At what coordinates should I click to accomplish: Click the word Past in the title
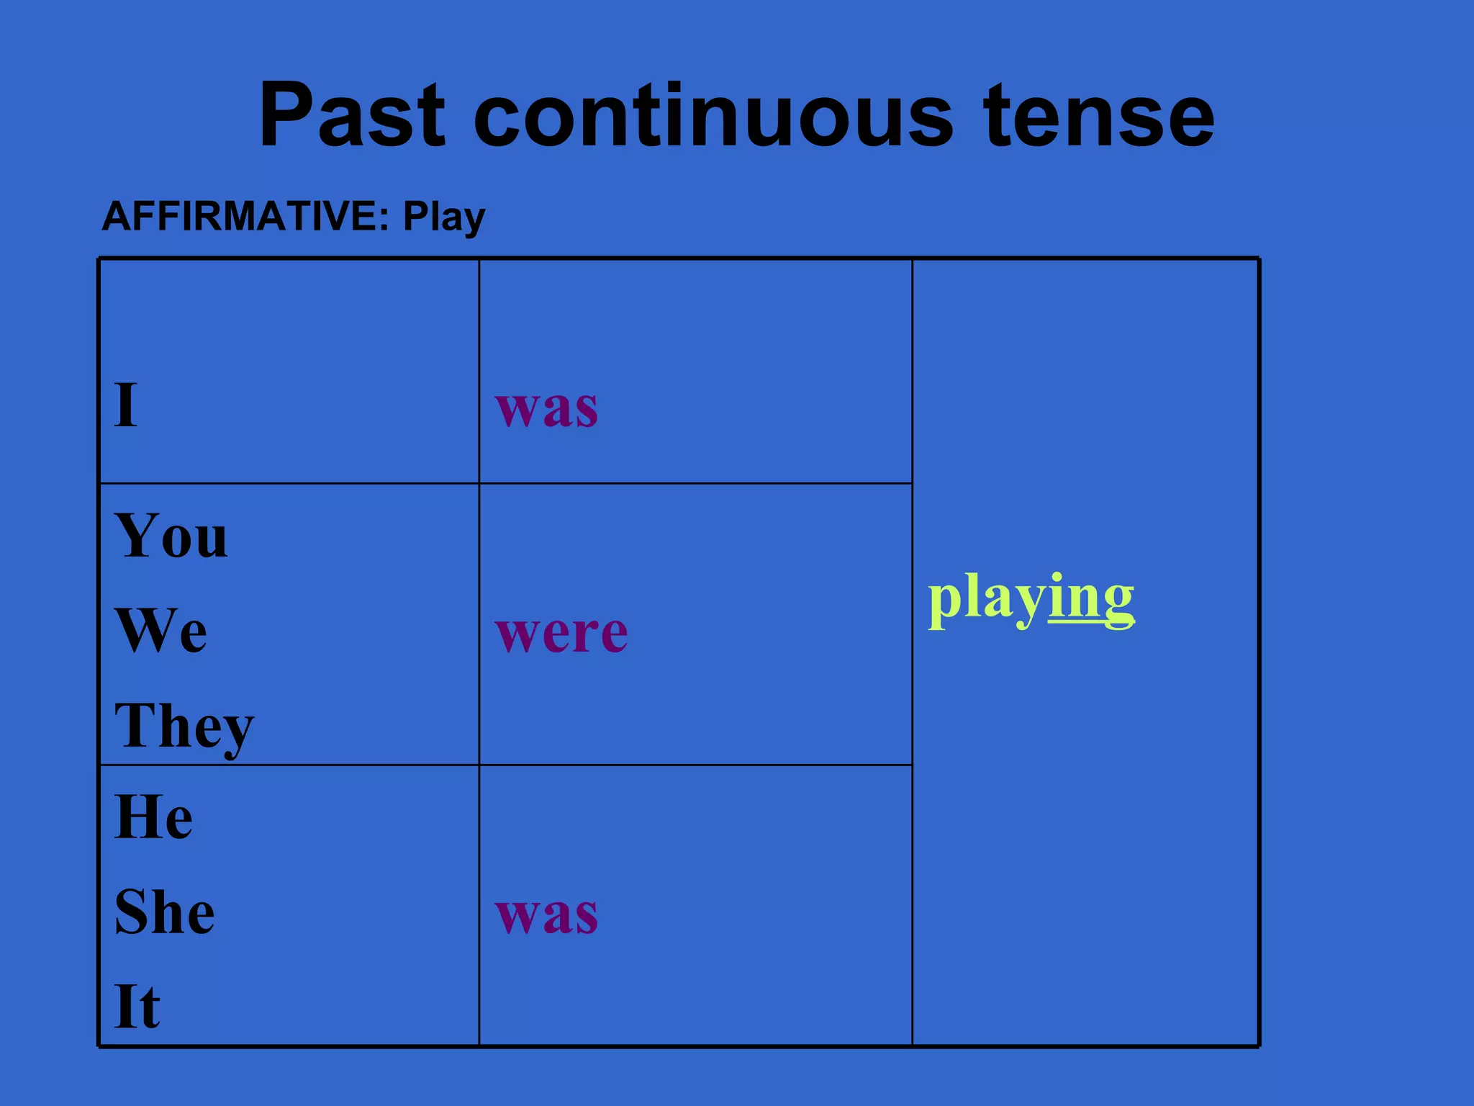point(352,115)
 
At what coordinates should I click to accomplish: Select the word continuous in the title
point(713,115)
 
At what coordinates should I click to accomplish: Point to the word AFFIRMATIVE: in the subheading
point(245,216)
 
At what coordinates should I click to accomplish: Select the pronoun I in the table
point(125,405)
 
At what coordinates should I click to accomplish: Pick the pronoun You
point(171,536)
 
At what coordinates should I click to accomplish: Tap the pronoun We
point(161,630)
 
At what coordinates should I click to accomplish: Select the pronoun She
point(164,912)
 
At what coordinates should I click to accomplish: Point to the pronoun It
point(137,1006)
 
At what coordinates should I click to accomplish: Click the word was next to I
point(546,408)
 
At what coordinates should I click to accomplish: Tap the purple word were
point(561,634)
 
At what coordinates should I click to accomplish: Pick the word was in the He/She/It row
point(546,915)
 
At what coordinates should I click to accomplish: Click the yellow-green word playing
point(1031,599)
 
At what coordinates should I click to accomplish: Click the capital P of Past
point(287,115)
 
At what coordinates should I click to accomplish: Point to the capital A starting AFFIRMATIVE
point(117,216)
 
